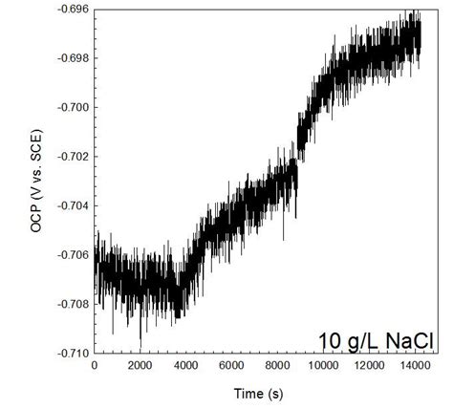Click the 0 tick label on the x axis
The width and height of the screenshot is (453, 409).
coord(94,365)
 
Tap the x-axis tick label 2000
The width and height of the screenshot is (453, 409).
coord(140,365)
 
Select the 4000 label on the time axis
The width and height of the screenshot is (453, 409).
coord(187,365)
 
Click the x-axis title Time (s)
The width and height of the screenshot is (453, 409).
coord(258,392)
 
